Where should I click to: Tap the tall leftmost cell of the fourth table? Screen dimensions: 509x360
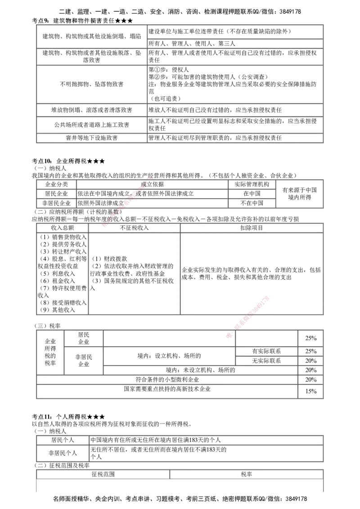tap(49, 352)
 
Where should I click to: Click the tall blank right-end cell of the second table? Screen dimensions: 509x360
tap(299, 193)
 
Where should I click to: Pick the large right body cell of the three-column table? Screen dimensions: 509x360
tap(252, 273)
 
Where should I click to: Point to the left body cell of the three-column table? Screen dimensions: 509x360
tap(62, 273)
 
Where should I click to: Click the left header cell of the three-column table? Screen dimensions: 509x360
tap(62, 227)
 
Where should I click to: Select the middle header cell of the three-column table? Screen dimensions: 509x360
tap(134, 227)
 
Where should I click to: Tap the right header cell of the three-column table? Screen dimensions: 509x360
tap(252, 227)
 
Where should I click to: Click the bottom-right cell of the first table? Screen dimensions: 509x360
tap(234, 138)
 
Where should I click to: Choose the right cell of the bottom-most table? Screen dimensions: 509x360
tap(247, 475)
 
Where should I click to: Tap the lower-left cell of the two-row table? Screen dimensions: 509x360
tap(63, 453)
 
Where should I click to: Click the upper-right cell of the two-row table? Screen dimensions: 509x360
tap(206, 439)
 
